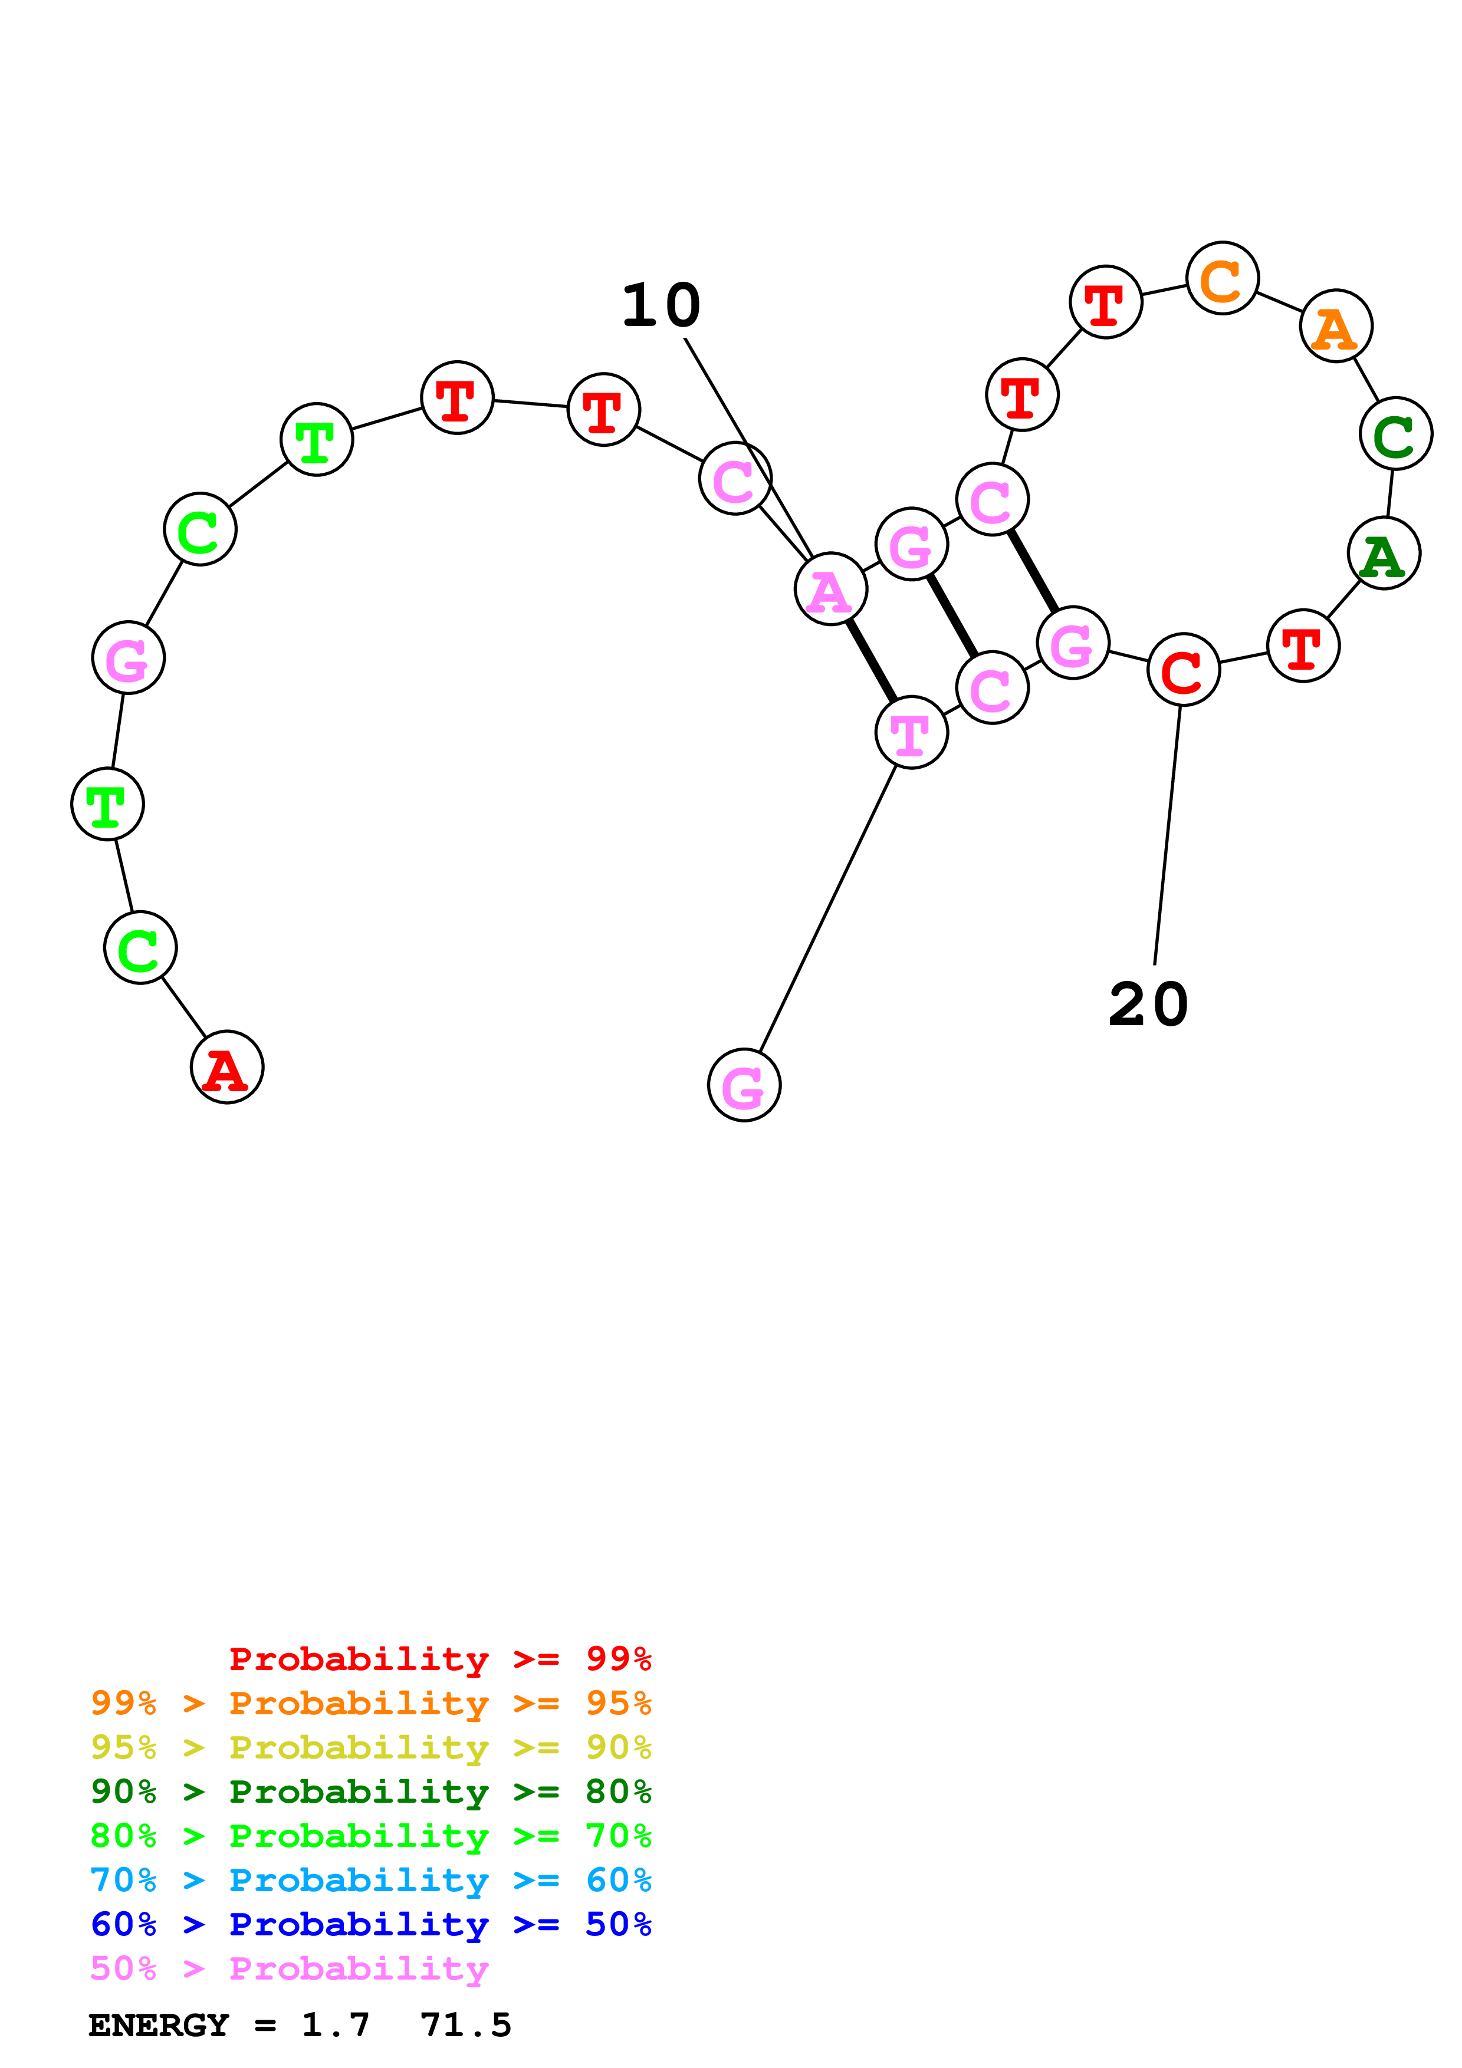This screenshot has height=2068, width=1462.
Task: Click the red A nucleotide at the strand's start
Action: click(x=227, y=1068)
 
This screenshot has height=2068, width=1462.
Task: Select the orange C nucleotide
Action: click(x=1223, y=278)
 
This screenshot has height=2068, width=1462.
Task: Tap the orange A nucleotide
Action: click(x=1336, y=326)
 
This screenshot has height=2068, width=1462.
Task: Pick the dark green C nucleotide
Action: click(x=1395, y=434)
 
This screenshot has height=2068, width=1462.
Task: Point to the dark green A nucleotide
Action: click(x=1384, y=553)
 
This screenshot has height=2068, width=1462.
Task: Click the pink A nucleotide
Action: click(x=830, y=589)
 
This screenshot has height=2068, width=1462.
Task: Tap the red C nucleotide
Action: click(x=1184, y=669)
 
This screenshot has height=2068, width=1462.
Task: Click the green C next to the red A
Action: click(x=140, y=947)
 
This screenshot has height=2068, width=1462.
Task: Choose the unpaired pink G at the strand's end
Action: click(x=744, y=1085)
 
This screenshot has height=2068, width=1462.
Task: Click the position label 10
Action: click(x=661, y=305)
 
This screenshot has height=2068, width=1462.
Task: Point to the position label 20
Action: click(x=1148, y=1005)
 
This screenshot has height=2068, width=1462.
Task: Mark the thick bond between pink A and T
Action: click(x=871, y=660)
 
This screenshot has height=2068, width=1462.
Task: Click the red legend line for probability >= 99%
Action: click(x=439, y=1658)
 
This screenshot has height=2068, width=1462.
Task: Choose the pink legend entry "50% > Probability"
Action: click(x=289, y=1968)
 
